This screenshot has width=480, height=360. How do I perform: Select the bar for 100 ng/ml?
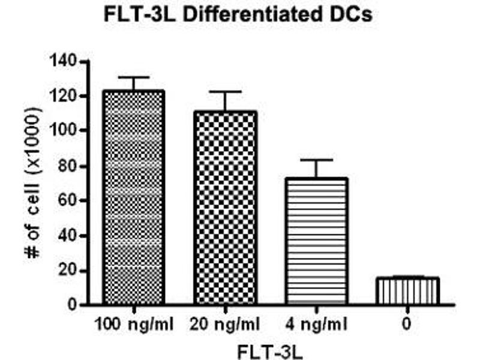click(x=134, y=198)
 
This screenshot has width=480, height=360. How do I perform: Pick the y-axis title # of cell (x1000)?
click(x=32, y=183)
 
